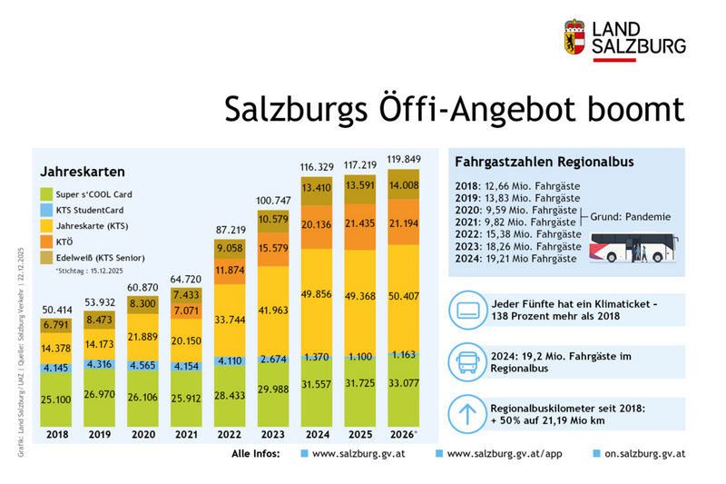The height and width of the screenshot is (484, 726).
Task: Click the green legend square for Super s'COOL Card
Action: [x=47, y=194]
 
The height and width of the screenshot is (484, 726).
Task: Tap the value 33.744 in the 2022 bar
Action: [x=230, y=319]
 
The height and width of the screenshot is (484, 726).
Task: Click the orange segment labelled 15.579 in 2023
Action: [x=275, y=248]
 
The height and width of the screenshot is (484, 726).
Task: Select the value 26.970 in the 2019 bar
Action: [x=100, y=396]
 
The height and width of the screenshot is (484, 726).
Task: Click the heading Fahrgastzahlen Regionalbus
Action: [x=532, y=162]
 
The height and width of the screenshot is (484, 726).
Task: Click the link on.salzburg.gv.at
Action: [x=644, y=451]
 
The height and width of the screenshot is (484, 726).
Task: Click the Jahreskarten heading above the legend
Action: [x=82, y=171]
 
